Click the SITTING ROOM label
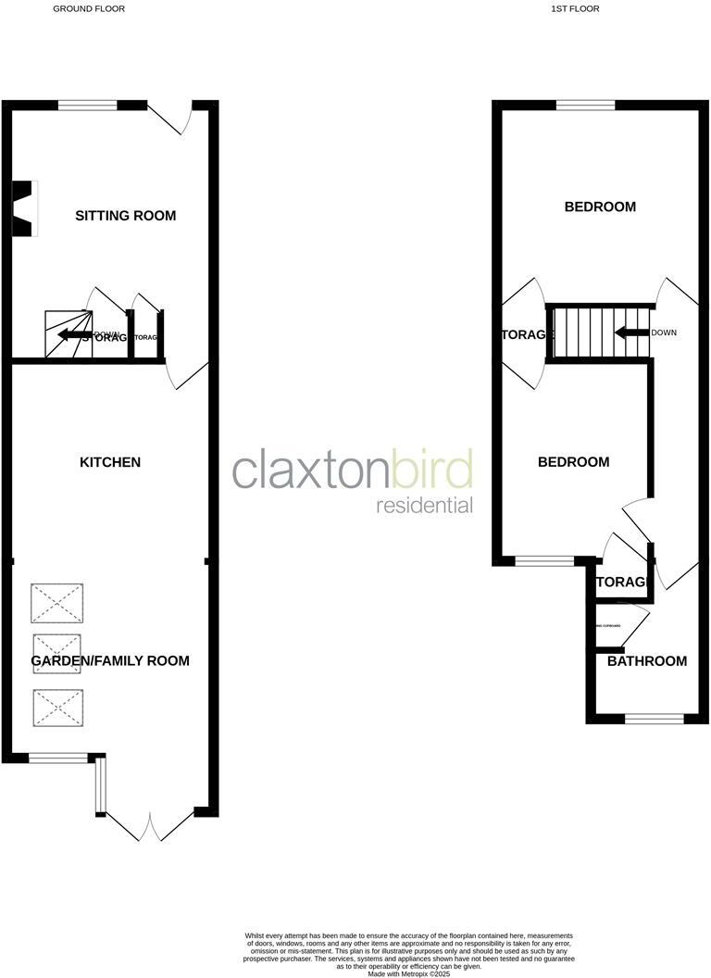pos(125,216)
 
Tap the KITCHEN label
pos(110,461)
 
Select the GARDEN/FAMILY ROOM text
pos(110,660)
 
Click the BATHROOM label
pos(647,660)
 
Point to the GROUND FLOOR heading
pos(89,8)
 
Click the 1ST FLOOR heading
pos(575,8)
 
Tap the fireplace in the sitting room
pos(23,208)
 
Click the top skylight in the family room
pos(57,603)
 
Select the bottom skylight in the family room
pos(57,708)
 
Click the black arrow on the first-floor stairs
pos(631,332)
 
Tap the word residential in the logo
pos(424,506)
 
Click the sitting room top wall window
pos(88,106)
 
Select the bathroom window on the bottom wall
pos(655,718)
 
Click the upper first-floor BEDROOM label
pos(600,207)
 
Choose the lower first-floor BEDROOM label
pos(574,461)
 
